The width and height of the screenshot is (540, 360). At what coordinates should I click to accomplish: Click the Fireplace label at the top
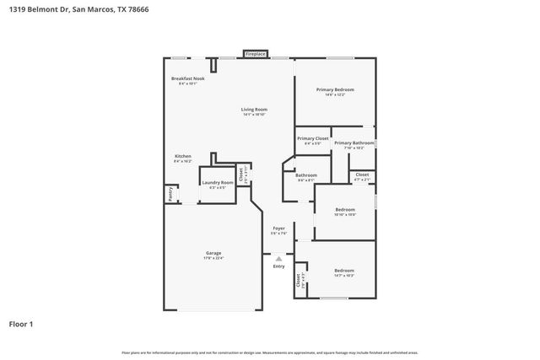pos(256,54)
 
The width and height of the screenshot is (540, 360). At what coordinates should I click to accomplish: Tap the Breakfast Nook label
pos(187,78)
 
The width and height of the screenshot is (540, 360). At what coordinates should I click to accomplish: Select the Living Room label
pos(254,110)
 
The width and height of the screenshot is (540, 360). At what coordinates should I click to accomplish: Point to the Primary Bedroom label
pos(335,89)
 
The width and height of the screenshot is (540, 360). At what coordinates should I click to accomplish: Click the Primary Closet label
pos(312,138)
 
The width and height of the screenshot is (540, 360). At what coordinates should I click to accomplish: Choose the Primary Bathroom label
pos(354,143)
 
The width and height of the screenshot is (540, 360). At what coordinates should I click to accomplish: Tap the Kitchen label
pos(183,157)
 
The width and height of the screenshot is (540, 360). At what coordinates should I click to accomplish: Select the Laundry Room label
pos(217,182)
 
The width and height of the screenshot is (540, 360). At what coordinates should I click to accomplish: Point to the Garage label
pos(213,253)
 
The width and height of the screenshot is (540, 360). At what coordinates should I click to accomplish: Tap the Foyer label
pos(278,228)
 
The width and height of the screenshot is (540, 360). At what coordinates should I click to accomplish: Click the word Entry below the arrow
pos(278,266)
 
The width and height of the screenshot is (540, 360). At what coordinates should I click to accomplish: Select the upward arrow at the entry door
pos(278,258)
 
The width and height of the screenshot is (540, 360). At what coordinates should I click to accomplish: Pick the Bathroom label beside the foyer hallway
pos(306,175)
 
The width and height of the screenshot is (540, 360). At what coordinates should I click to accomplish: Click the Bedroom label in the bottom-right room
pos(343,270)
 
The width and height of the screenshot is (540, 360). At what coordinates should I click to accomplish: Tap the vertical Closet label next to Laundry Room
pos(241,175)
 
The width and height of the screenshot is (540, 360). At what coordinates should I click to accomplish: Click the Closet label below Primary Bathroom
pos(361,175)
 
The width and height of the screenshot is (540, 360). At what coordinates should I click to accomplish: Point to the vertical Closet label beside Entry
pos(298,279)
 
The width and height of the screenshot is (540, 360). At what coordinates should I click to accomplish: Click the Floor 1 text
pos(22,323)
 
